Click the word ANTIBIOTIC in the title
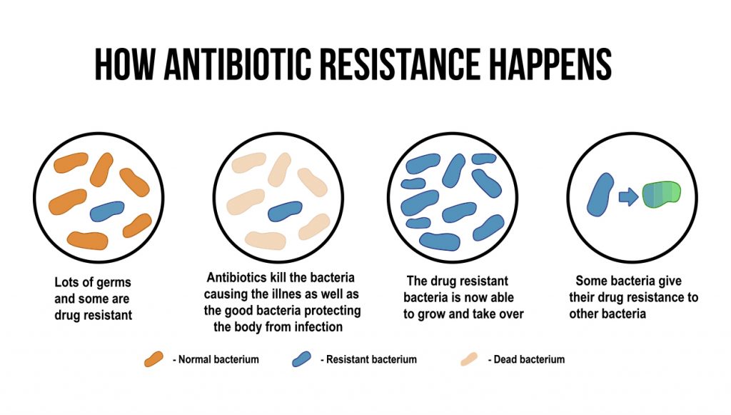coord(237,64)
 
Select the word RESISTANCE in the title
coord(400,64)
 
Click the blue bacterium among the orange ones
coord(107,211)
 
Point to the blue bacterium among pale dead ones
coord(285,211)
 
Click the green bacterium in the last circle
coord(662,194)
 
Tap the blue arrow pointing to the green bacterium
coord(628,196)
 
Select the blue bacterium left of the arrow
coord(600,194)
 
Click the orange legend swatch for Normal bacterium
coord(154,359)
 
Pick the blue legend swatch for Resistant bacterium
coord(302,359)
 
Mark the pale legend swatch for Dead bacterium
coord(469,359)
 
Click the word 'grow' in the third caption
coord(430,315)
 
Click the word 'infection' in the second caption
coord(319,327)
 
